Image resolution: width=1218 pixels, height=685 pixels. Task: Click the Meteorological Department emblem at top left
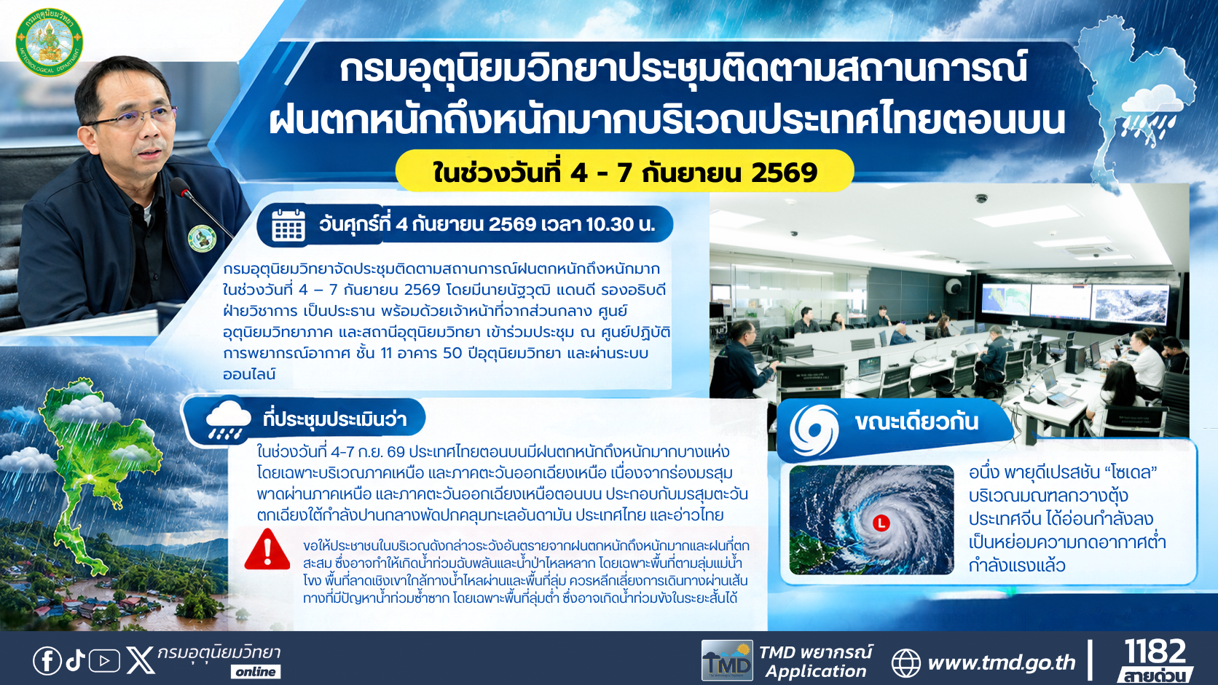pyautogui.click(x=50, y=41)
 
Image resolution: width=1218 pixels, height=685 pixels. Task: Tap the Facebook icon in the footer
pyautogui.click(x=47, y=661)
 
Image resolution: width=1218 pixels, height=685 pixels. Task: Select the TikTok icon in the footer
pyautogui.click(x=76, y=660)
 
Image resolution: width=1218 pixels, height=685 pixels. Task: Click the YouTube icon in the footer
pyautogui.click(x=104, y=661)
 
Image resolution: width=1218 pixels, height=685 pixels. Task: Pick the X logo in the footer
pyautogui.click(x=141, y=660)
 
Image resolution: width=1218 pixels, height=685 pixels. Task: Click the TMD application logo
pyautogui.click(x=727, y=660)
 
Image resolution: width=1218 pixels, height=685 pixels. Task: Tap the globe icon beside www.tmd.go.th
pyautogui.click(x=906, y=662)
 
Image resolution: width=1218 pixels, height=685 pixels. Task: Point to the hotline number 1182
pyautogui.click(x=1155, y=651)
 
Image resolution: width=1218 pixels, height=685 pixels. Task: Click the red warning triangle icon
pyautogui.click(x=267, y=550)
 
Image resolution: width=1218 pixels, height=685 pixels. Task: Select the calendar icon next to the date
pyautogui.click(x=288, y=224)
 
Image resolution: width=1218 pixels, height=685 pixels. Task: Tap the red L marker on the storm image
pyautogui.click(x=881, y=523)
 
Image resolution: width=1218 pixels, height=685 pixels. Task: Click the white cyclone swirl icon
pyautogui.click(x=814, y=430)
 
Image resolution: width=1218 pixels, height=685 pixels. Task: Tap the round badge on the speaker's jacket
pyautogui.click(x=202, y=239)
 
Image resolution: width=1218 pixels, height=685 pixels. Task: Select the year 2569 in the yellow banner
pyautogui.click(x=784, y=173)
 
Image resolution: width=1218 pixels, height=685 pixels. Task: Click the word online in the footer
pyautogui.click(x=256, y=672)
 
